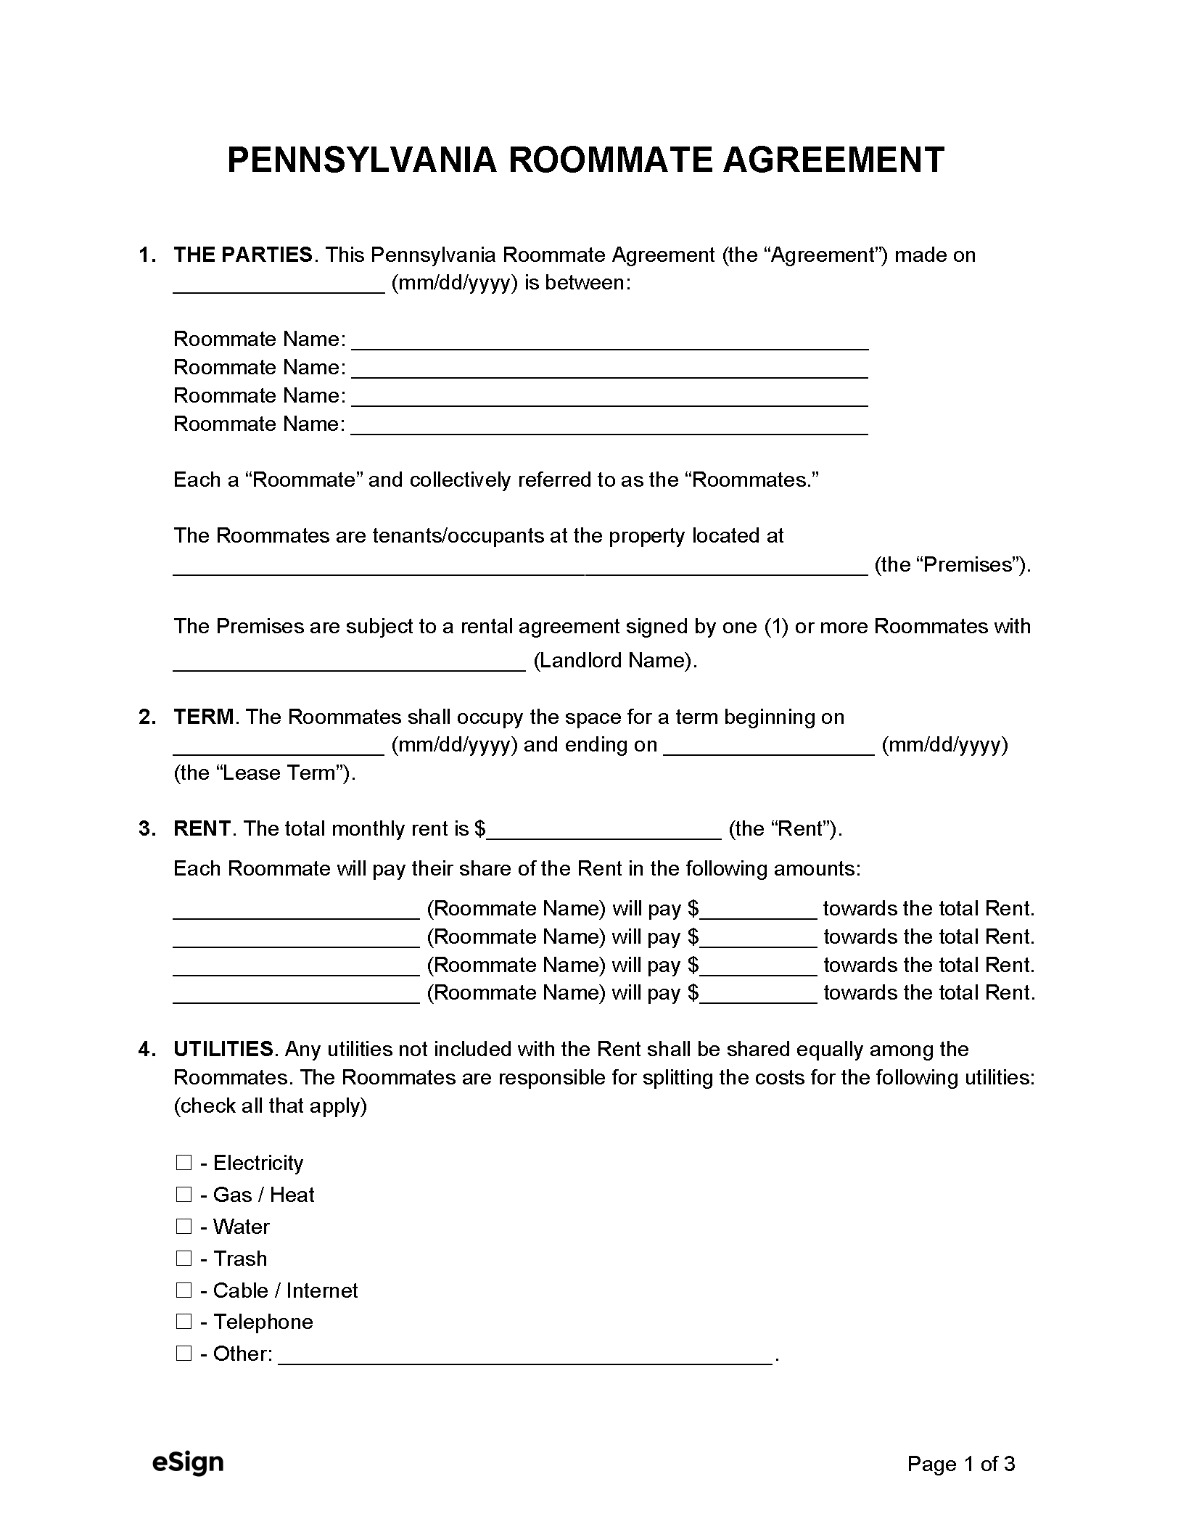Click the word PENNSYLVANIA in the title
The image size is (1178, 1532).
pyautogui.click(x=361, y=160)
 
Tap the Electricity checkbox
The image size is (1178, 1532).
pyautogui.click(x=184, y=1163)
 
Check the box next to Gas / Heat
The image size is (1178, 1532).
pyautogui.click(x=184, y=1195)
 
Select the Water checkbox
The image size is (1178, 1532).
pyautogui.click(x=184, y=1227)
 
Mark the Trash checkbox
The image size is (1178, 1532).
pyautogui.click(x=184, y=1259)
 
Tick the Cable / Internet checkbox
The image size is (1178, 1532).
pyautogui.click(x=184, y=1290)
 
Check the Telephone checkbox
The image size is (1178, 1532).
pyautogui.click(x=184, y=1322)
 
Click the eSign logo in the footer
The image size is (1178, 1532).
pyautogui.click(x=188, y=1463)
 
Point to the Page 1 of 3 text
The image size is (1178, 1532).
pyautogui.click(x=960, y=1465)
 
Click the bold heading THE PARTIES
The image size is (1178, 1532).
pyautogui.click(x=243, y=255)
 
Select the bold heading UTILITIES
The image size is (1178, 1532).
pyautogui.click(x=223, y=1050)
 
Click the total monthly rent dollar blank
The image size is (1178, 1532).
pyautogui.click(x=604, y=831)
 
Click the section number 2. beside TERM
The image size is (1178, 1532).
pyautogui.click(x=147, y=717)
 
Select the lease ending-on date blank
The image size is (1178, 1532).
pyautogui.click(x=769, y=746)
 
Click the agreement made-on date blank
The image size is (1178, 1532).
pyautogui.click(x=279, y=284)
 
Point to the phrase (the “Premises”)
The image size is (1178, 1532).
pyautogui.click(x=952, y=565)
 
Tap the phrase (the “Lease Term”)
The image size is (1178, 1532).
pyautogui.click(x=265, y=773)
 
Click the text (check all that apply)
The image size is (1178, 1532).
pyautogui.click(x=270, y=1105)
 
